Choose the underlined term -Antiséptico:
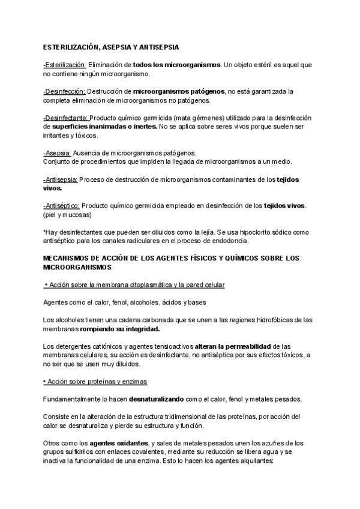[61, 206]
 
